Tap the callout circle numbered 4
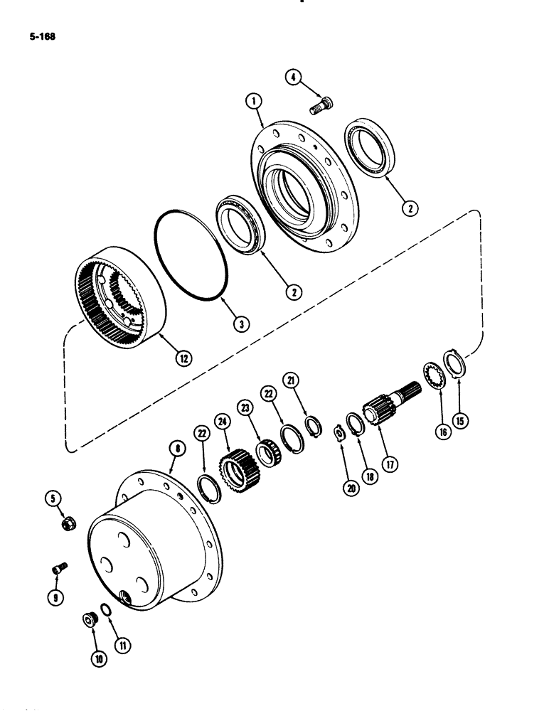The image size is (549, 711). (x=292, y=76)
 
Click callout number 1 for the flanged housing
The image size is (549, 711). (x=252, y=103)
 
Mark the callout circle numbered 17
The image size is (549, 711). (x=388, y=466)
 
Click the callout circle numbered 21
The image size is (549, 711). (x=291, y=380)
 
